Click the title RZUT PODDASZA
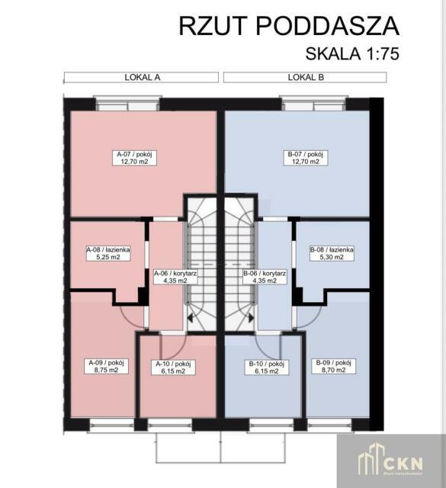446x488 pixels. coord(288,26)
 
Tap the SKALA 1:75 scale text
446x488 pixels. coord(352,54)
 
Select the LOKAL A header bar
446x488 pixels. coord(141,77)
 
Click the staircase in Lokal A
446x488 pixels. coord(201,259)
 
